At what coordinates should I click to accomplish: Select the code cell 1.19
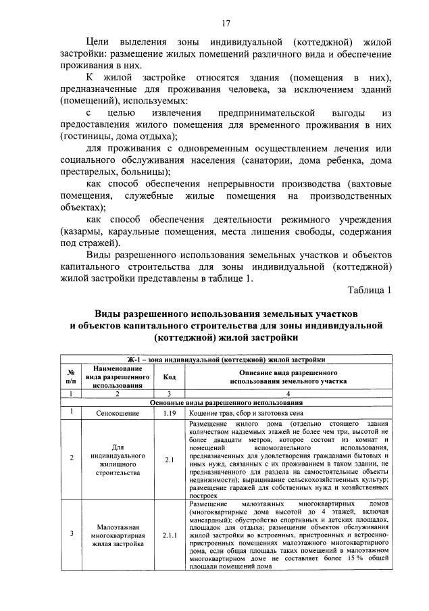tap(169, 412)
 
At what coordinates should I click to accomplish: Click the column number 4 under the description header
tap(288, 393)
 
